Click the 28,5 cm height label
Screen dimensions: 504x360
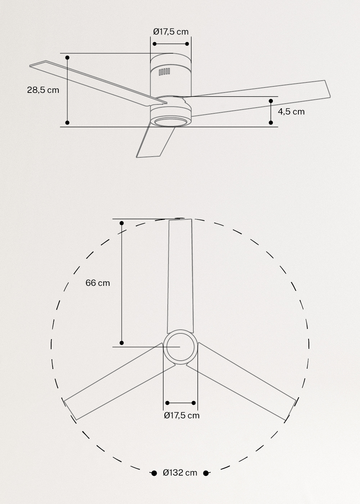[43, 90]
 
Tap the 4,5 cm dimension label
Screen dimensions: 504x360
[291, 112]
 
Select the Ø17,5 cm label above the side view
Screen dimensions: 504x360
[171, 32]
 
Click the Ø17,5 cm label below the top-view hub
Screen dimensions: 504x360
[181, 415]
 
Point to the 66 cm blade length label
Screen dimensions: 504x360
[98, 283]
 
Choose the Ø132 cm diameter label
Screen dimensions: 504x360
[180, 473]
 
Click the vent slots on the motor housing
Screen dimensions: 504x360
[164, 72]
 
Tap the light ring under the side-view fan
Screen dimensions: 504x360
[171, 122]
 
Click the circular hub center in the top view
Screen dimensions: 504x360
[180, 347]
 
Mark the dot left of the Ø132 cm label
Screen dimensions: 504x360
[154, 473]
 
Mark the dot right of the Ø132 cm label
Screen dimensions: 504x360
[206, 473]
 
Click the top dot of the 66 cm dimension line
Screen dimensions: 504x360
[122, 223]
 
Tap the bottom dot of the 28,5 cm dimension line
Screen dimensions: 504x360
[67, 123]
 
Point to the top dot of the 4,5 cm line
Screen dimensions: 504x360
[271, 101]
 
